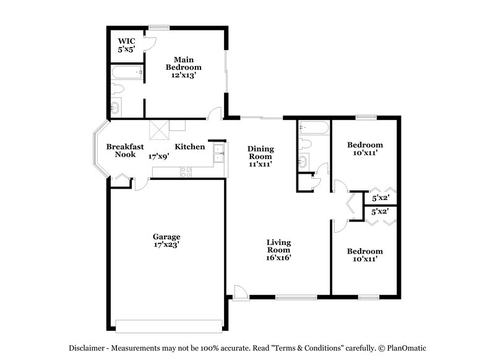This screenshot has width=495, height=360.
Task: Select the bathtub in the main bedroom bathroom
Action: click(x=127, y=74)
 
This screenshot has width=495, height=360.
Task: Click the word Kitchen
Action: click(x=189, y=147)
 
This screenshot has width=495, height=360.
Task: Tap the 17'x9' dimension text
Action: click(x=158, y=157)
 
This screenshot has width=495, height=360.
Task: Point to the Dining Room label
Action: click(x=260, y=153)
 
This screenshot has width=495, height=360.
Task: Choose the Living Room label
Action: click(x=279, y=246)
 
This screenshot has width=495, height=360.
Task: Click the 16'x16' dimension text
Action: click(x=279, y=258)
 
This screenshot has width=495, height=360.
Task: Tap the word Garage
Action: click(x=166, y=236)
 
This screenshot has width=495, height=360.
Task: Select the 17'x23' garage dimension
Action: click(x=166, y=245)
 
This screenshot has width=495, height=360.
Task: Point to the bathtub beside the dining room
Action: click(x=312, y=128)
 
